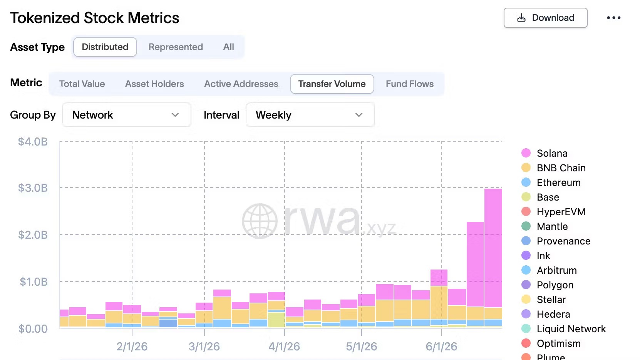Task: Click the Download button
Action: click(x=545, y=18)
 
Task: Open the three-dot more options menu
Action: click(x=614, y=18)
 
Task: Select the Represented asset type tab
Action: click(x=176, y=47)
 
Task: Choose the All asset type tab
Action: click(x=229, y=47)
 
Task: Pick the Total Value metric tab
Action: click(x=82, y=84)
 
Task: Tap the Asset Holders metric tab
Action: click(x=154, y=84)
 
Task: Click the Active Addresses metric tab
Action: click(x=241, y=84)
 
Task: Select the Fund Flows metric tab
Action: click(x=410, y=84)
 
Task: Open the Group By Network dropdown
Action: click(x=127, y=115)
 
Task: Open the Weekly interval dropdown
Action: click(x=310, y=115)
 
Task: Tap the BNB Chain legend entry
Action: click(x=553, y=168)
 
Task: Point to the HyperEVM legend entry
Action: click(x=553, y=212)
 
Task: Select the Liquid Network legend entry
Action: click(x=563, y=329)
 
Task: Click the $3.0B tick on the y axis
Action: click(x=33, y=188)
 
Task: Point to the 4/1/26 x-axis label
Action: click(x=284, y=347)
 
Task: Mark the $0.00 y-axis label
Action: click(x=33, y=329)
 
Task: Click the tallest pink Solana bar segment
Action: click(x=493, y=248)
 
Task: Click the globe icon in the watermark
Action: click(x=260, y=221)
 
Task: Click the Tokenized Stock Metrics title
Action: click(x=95, y=18)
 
